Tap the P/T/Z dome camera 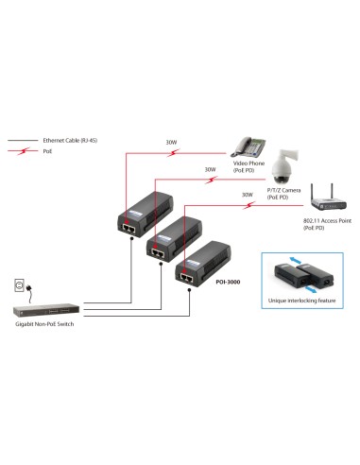click(280, 168)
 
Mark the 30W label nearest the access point click(247, 195)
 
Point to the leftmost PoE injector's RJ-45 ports click(129, 227)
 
